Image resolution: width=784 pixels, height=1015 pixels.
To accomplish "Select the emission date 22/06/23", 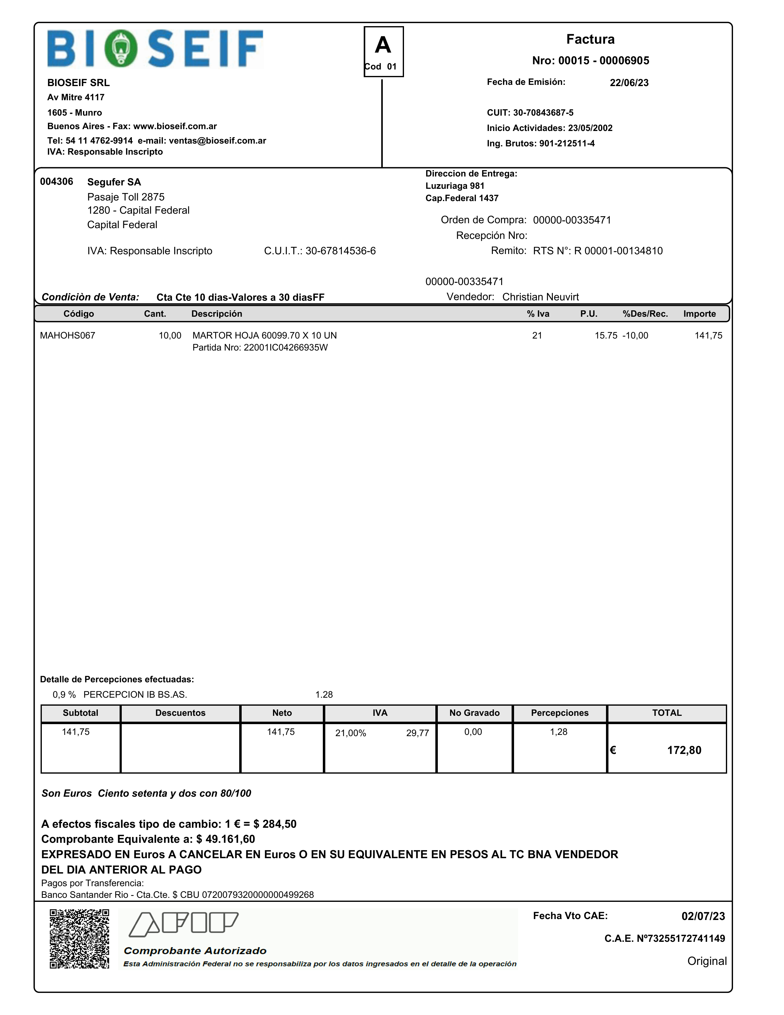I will [629, 83].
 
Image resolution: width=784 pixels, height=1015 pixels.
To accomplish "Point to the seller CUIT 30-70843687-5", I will [543, 113].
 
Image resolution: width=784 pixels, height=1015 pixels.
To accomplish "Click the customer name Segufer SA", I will [114, 182].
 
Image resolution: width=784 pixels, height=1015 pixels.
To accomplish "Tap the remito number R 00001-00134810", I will [618, 251].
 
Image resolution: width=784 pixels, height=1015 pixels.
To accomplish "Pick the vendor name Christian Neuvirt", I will [540, 297].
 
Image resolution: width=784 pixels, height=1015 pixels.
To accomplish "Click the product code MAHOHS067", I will [67, 335].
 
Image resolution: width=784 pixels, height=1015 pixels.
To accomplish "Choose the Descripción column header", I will [216, 314].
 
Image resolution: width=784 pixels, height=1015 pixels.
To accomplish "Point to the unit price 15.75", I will [606, 335].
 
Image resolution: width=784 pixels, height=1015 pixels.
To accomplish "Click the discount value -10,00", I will [635, 335].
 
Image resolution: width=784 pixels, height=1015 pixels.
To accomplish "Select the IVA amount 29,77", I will [417, 733].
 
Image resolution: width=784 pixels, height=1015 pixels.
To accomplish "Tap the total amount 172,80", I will [684, 750].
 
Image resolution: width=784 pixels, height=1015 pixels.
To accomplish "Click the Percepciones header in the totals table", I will [560, 713].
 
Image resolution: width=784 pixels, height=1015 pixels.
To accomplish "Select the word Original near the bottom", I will [707, 961].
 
